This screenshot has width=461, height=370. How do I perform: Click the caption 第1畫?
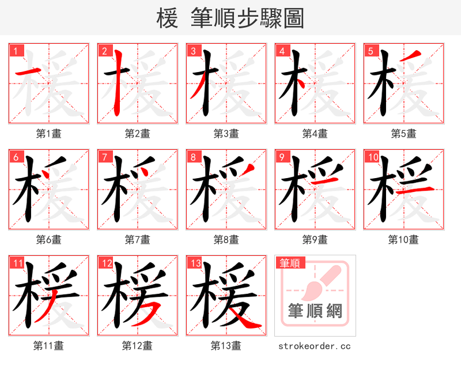click(x=48, y=134)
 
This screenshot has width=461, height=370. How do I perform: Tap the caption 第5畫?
click(x=403, y=134)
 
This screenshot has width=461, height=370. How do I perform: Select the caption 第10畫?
click(x=403, y=240)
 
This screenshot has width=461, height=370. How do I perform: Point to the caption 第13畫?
click(x=226, y=346)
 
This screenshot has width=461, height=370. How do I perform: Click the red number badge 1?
click(x=16, y=51)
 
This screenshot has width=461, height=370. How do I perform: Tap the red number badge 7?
click(x=104, y=157)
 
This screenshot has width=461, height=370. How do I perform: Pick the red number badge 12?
click(x=106, y=263)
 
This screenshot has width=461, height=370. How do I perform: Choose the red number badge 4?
click(x=282, y=51)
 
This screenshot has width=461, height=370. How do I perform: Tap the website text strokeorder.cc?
click(x=315, y=346)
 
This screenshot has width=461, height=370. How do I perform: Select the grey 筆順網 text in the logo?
click(x=315, y=311)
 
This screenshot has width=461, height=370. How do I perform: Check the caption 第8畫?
click(x=226, y=240)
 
